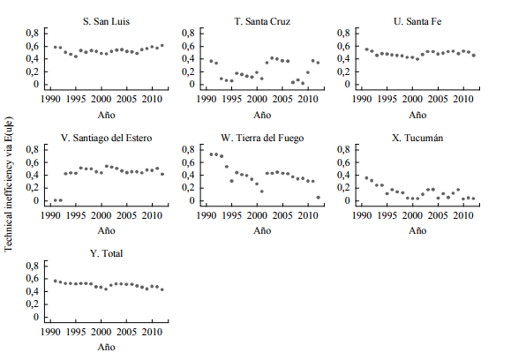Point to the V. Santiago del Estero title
pyautogui.click(x=107, y=137)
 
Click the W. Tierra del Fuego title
pyautogui.click(x=261, y=137)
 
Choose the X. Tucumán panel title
pyautogui.click(x=417, y=137)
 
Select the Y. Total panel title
pyautogui.click(x=107, y=253)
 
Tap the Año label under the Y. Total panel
pyautogui.click(x=107, y=347)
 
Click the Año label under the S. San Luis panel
pyautogui.click(x=107, y=114)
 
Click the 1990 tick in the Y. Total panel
pyautogui.click(x=51, y=332)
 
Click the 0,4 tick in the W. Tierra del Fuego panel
pyautogui.click(x=187, y=175)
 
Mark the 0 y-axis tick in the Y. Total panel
pyautogui.click(x=36, y=317)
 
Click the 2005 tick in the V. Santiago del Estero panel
pyautogui.click(x=127, y=215)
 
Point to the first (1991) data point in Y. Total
pyautogui.click(x=55, y=281)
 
